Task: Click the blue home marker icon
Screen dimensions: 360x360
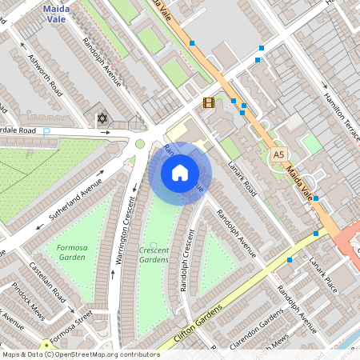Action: [x=180, y=172]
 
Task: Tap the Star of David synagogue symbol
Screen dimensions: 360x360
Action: [x=102, y=119]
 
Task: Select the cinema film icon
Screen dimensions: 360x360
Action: [x=209, y=102]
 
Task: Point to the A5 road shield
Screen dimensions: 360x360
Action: [x=278, y=154]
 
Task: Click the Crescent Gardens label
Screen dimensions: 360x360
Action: [x=154, y=254]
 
